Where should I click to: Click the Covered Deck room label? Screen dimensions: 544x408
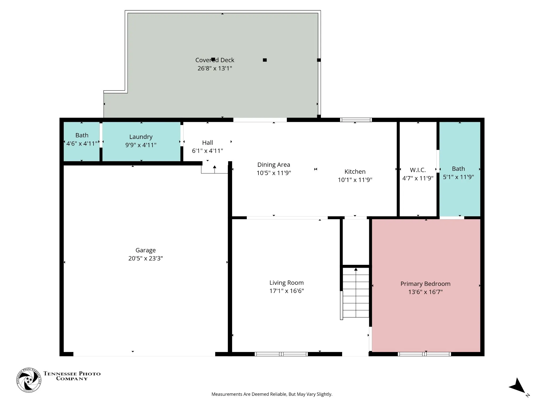pyautogui.click(x=215, y=60)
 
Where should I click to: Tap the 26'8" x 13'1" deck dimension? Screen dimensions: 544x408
pyautogui.click(x=215, y=68)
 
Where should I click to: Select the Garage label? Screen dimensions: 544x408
pyautogui.click(x=146, y=250)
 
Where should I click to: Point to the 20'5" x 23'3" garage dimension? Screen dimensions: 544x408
pyautogui.click(x=146, y=258)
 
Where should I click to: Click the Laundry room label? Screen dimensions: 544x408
pyautogui.click(x=141, y=137)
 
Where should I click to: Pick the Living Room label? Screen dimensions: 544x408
pyautogui.click(x=286, y=283)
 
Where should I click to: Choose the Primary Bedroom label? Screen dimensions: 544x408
pyautogui.click(x=425, y=284)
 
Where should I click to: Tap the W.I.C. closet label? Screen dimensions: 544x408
pyautogui.click(x=418, y=170)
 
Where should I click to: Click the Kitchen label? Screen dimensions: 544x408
pyautogui.click(x=355, y=172)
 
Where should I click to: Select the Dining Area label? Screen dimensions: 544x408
pyautogui.click(x=274, y=165)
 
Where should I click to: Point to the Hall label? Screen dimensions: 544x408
pyautogui.click(x=207, y=143)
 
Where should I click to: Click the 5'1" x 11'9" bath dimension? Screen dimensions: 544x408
pyautogui.click(x=458, y=177)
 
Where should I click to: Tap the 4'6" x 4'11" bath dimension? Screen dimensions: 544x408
pyautogui.click(x=82, y=144)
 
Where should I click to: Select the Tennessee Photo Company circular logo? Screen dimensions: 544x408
pyautogui.click(x=29, y=380)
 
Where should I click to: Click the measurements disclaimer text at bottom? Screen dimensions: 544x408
pyautogui.click(x=272, y=394)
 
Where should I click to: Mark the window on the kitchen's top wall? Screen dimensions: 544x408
pyautogui.click(x=356, y=120)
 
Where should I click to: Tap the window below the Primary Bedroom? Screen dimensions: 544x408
pyautogui.click(x=424, y=354)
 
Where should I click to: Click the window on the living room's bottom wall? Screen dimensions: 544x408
pyautogui.click(x=281, y=354)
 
